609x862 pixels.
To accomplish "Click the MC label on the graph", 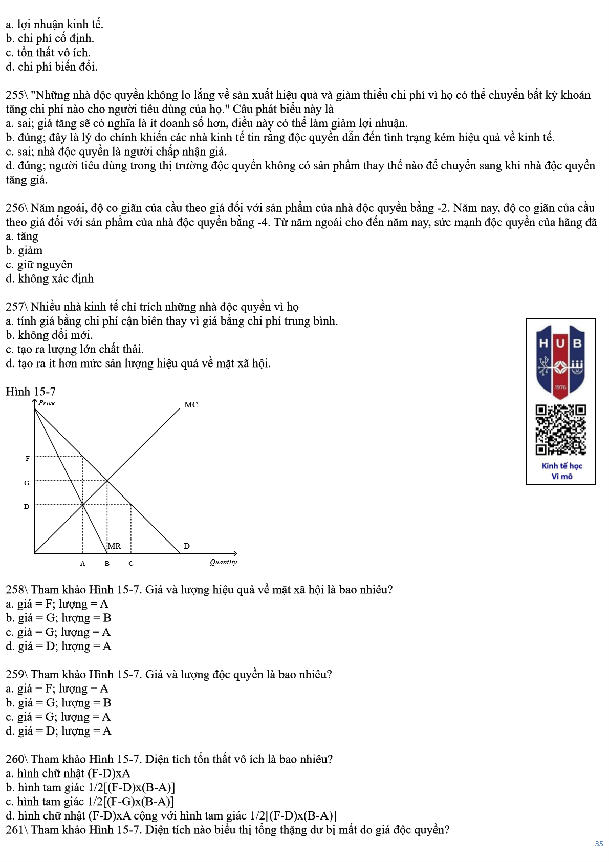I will tap(191, 405).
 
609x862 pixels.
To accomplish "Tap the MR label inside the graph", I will tap(115, 546).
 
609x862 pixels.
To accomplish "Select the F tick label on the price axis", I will tap(27, 459).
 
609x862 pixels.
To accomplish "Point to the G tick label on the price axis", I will tap(27, 483).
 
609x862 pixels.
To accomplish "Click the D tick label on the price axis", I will tap(27, 507).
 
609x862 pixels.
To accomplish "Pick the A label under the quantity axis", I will tap(83, 564).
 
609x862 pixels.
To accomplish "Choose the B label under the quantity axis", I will tap(107, 564).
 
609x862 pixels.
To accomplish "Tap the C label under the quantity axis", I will tap(131, 564).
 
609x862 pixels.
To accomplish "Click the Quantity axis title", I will tap(223, 562).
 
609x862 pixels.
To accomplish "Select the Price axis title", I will tap(47, 403).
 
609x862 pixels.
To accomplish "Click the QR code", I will tap(561, 429).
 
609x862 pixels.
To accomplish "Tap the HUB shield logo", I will tap(560, 361).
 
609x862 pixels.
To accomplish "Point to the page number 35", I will tap(599, 844).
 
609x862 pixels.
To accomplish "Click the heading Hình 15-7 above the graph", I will tap(31, 392).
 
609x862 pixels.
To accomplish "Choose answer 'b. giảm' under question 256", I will tap(24, 251).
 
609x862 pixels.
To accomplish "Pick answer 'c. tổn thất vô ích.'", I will tap(48, 53).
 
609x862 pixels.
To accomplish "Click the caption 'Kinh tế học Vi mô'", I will tap(561, 471).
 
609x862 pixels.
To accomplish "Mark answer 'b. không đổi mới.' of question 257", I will tap(49, 335).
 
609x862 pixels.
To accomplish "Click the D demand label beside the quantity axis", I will tap(187, 546).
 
